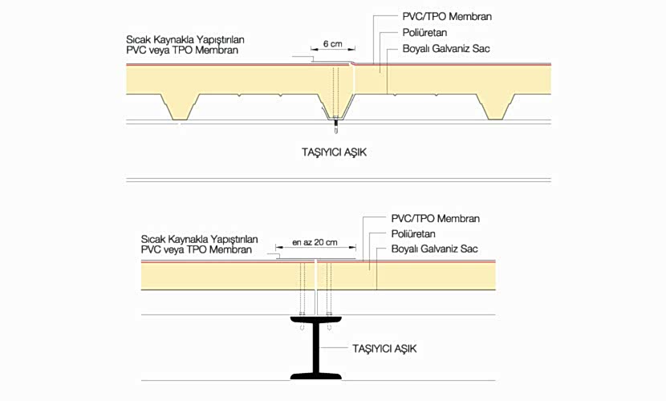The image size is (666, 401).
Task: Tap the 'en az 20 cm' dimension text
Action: [315, 242]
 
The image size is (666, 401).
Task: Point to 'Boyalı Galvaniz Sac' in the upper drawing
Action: [446, 50]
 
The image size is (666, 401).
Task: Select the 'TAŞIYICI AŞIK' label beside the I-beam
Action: [385, 349]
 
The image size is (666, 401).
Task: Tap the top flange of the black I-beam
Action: [315, 322]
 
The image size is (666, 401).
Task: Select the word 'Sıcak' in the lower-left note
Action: [155, 239]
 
